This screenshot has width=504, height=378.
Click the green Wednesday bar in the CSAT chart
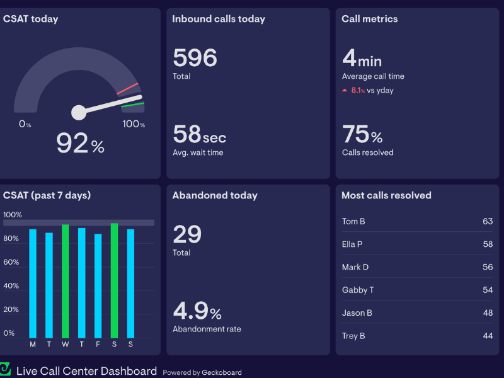tap(66, 281)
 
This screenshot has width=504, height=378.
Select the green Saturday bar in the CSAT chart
tap(114, 280)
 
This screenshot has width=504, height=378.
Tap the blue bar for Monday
tap(33, 283)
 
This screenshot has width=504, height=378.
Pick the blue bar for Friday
tap(98, 286)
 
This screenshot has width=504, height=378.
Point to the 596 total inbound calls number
tap(195, 59)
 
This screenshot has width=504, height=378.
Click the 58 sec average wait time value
tap(199, 134)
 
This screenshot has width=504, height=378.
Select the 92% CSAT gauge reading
tap(80, 144)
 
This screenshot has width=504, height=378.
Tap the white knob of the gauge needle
tap(79, 112)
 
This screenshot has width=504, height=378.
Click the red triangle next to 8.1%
tap(345, 91)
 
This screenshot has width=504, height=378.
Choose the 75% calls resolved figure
tap(362, 135)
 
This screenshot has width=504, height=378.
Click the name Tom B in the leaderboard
tap(353, 222)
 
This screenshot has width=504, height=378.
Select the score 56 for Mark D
tap(488, 267)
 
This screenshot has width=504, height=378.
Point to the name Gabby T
tap(358, 290)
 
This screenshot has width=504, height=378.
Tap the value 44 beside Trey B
tap(488, 336)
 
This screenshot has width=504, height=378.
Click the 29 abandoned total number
tap(187, 235)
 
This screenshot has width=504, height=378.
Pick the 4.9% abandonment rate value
tap(197, 311)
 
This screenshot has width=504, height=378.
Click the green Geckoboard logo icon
tap(6, 369)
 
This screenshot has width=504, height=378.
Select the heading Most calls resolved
tap(386, 195)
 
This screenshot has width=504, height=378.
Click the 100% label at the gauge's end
tap(134, 124)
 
